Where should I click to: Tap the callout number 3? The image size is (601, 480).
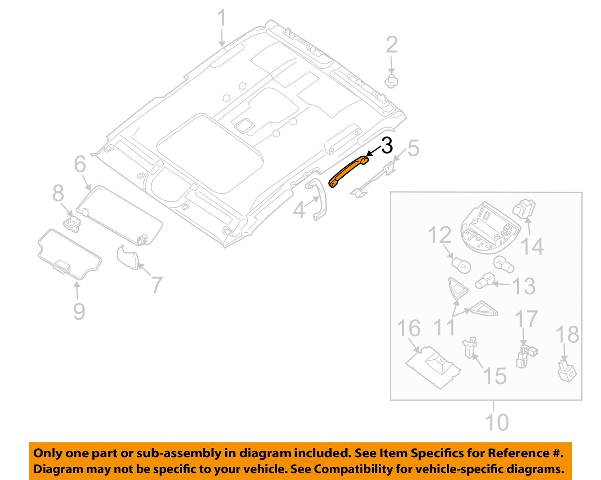[387, 146]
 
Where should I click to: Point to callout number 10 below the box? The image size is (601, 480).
[497, 422]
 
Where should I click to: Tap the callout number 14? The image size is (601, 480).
[532, 247]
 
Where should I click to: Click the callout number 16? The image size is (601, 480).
[408, 328]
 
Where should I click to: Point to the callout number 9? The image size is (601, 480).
[79, 311]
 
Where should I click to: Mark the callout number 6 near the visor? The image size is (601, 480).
[80, 164]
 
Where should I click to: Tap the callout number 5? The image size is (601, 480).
[412, 148]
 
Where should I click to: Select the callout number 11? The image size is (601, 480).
[445, 327]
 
